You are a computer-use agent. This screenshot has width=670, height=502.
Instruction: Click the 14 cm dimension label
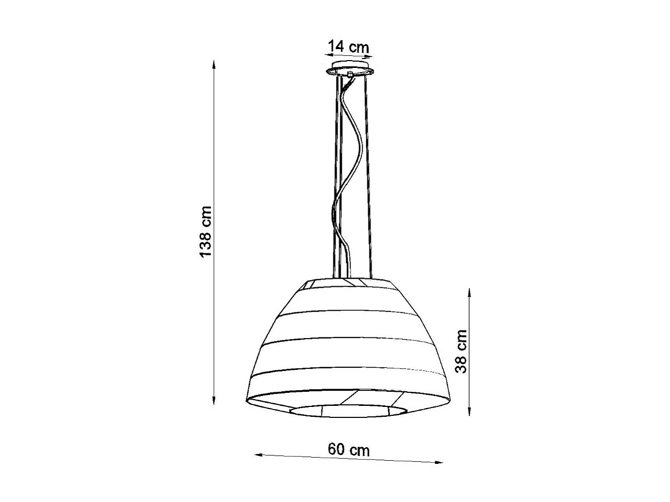(348, 46)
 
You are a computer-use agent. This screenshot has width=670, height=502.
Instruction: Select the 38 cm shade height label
(461, 352)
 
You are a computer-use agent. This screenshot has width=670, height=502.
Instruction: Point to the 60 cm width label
(349, 449)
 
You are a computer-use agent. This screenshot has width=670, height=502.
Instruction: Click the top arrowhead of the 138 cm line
(213, 64)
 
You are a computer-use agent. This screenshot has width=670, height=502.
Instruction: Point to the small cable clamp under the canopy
(350, 75)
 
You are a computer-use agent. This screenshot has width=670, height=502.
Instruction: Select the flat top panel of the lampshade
(349, 283)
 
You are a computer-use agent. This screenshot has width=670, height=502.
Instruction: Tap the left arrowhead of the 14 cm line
(325, 54)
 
